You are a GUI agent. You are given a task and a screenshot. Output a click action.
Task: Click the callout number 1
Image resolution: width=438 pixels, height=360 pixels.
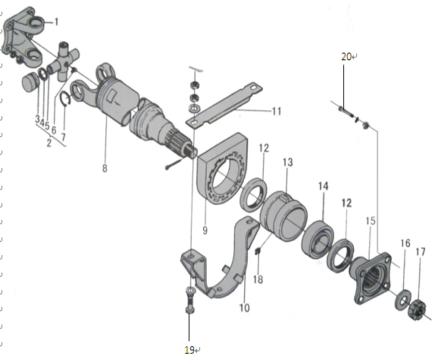point(56,22)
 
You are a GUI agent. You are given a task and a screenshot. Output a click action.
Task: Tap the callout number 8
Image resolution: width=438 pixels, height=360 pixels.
point(105,168)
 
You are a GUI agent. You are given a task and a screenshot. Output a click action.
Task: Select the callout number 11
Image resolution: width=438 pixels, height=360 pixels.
point(276,111)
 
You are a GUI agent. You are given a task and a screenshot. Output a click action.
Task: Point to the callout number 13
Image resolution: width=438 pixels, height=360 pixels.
point(287,162)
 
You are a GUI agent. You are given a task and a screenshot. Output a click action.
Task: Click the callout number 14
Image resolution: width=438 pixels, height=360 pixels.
point(323,186)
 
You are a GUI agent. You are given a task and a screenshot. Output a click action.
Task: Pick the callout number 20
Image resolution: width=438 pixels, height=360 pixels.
point(346,57)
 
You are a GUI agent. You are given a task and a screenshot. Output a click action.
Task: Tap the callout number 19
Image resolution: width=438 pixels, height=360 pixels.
point(189,350)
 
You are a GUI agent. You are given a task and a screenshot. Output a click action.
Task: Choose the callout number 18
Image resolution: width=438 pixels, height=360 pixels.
point(258,279)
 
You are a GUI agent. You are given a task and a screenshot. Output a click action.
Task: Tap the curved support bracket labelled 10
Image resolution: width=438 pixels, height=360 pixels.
point(230,266)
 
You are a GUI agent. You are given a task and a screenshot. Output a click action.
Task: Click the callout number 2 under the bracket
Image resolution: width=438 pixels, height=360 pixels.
point(49,143)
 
